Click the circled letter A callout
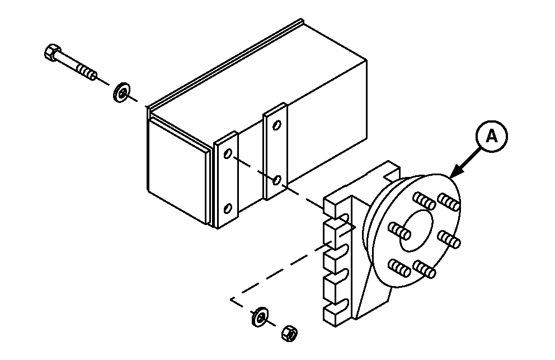(x=492, y=137)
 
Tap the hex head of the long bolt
(x=52, y=53)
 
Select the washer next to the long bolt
(x=122, y=93)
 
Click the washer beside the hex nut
(x=260, y=317)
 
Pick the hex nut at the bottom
(x=290, y=333)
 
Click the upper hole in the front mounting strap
(x=228, y=153)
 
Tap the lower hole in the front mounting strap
(x=228, y=208)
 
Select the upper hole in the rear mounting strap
(x=277, y=125)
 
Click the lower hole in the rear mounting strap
(x=277, y=180)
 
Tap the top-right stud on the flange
(x=449, y=202)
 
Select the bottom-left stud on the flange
(x=399, y=268)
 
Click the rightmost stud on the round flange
(x=449, y=239)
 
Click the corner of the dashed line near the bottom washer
(x=232, y=300)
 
